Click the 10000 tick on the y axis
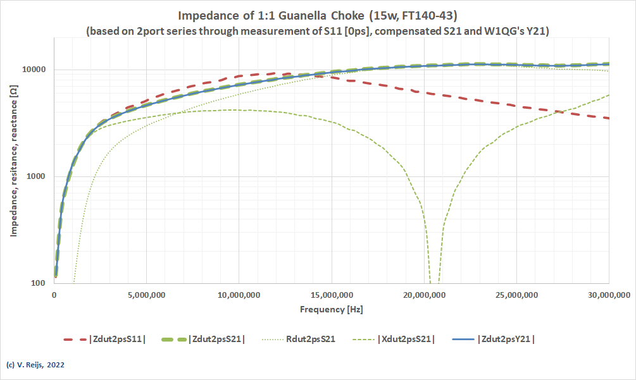click(40, 70)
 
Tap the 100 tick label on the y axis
click(44, 283)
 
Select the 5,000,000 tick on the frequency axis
click(147, 295)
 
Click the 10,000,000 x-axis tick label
click(239, 295)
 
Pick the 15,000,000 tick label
click(332, 295)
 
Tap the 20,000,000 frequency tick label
click(424, 295)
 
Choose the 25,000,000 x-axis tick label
click(516, 295)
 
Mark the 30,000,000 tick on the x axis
click(608, 295)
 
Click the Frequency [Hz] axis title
click(332, 310)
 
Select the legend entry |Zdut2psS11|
click(119, 339)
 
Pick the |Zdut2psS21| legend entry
click(216, 339)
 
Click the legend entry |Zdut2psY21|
click(507, 339)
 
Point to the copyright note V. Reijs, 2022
click(35, 365)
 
